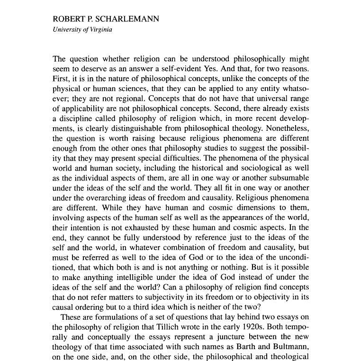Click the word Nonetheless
[x=288, y=128]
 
